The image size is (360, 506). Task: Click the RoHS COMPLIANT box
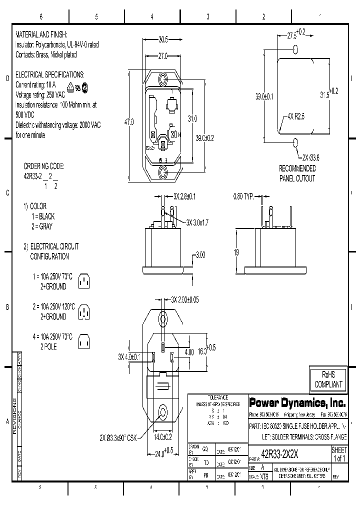328,379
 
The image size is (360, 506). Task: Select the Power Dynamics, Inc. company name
296,402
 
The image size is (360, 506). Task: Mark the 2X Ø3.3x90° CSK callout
118,438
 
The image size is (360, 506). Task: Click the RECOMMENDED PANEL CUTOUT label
297,173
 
